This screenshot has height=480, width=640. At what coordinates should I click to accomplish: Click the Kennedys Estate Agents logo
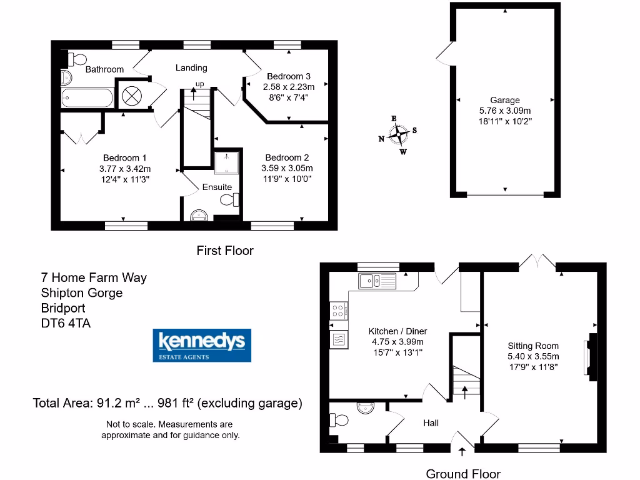click(202, 345)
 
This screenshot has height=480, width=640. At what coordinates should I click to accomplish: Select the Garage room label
click(504, 100)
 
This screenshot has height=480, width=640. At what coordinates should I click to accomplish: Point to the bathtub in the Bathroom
click(87, 98)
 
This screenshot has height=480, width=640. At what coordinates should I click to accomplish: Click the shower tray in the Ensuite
click(223, 162)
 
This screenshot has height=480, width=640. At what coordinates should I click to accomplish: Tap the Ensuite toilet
click(230, 200)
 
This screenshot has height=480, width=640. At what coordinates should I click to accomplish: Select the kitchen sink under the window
click(377, 281)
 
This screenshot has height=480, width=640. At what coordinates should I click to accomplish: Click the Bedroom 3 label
click(288, 76)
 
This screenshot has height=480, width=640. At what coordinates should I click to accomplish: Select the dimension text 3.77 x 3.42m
click(124, 169)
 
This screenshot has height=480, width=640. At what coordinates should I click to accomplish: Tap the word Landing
click(191, 67)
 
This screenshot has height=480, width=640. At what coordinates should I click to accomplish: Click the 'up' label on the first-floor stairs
click(200, 84)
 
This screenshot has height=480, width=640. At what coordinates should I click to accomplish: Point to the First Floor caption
click(225, 251)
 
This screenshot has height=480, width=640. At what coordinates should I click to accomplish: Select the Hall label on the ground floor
click(431, 423)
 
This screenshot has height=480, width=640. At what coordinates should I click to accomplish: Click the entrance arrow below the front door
click(462, 452)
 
